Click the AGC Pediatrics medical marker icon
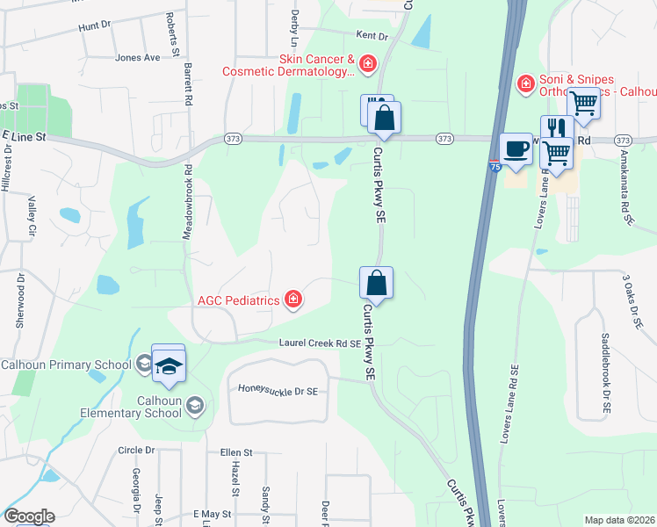click(293, 300)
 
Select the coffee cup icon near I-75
click(516, 147)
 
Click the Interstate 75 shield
click(495, 165)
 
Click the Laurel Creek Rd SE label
click(320, 343)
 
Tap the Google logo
click(29, 516)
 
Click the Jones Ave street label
click(137, 58)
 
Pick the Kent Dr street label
click(372, 36)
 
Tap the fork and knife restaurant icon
click(557, 128)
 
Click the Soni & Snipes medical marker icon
click(525, 83)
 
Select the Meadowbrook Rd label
click(187, 200)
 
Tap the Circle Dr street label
click(136, 450)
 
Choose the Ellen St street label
click(236, 453)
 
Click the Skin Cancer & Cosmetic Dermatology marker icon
click(366, 62)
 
